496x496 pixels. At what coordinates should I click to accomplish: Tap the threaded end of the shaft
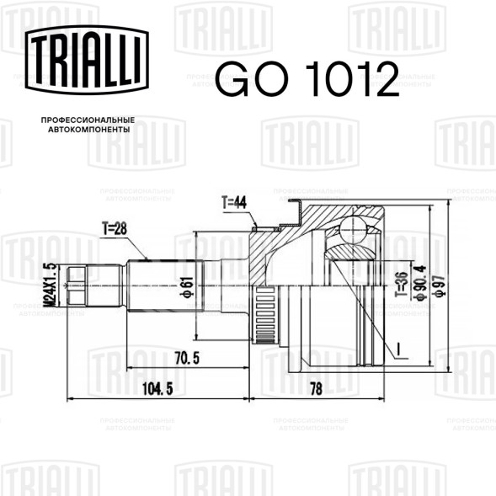(77, 285)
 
